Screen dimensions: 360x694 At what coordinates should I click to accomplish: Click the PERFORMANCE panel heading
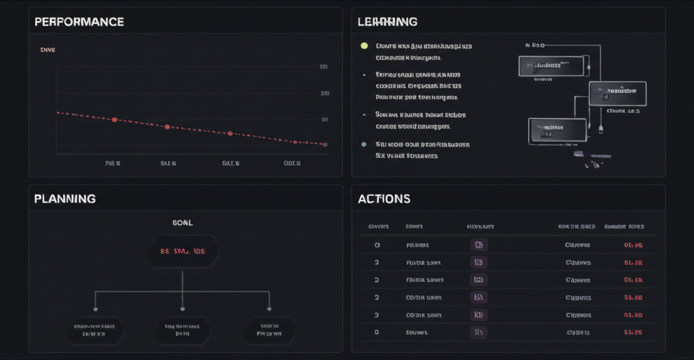pyautogui.click(x=79, y=22)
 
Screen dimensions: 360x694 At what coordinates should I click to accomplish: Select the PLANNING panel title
pyautogui.click(x=64, y=199)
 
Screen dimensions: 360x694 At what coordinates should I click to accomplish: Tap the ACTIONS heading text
pyautogui.click(x=384, y=199)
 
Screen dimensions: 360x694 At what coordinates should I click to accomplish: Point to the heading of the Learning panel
pyautogui.click(x=387, y=22)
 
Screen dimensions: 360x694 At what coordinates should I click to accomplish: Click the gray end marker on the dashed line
pyautogui.click(x=325, y=144)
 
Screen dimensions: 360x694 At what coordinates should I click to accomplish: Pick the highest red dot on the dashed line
pyautogui.click(x=115, y=119)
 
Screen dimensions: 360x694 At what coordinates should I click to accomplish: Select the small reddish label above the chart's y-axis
pyautogui.click(x=47, y=49)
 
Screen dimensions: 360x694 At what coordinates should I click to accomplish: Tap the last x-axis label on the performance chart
pyautogui.click(x=293, y=163)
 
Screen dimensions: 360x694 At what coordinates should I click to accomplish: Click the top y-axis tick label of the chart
pyautogui.click(x=324, y=67)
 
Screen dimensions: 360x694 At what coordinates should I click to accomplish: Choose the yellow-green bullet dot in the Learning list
pyautogui.click(x=364, y=46)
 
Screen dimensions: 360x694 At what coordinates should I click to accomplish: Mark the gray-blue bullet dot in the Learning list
pyautogui.click(x=364, y=144)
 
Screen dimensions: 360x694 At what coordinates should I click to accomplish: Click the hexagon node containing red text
pyautogui.click(x=182, y=251)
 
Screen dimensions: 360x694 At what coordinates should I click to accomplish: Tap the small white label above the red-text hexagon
pyautogui.click(x=183, y=222)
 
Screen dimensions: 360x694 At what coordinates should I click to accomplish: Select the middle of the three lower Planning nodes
pyautogui.click(x=182, y=329)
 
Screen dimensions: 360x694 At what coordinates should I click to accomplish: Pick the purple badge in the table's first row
pyautogui.click(x=478, y=245)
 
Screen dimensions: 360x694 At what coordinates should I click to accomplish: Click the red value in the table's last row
pyautogui.click(x=632, y=332)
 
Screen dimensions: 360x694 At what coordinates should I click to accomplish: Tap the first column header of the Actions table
pyautogui.click(x=378, y=226)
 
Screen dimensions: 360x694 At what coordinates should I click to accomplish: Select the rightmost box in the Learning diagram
pyautogui.click(x=617, y=94)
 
